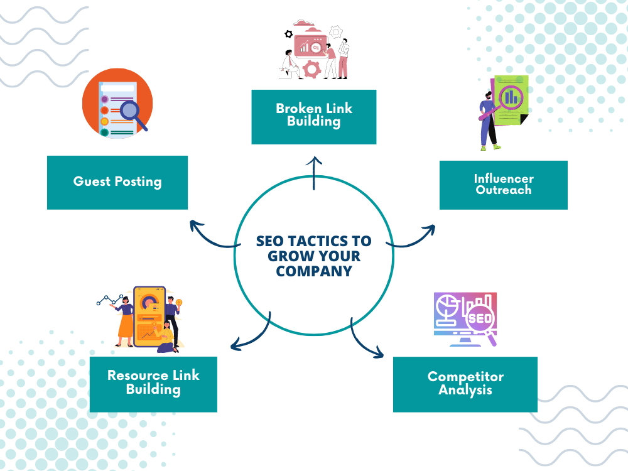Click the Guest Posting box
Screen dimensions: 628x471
(x=117, y=182)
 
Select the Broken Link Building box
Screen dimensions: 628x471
(x=314, y=117)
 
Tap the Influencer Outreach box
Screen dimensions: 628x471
(x=504, y=185)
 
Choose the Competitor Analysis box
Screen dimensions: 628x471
(x=465, y=384)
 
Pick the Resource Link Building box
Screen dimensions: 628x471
(x=153, y=384)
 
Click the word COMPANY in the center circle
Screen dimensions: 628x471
(x=314, y=271)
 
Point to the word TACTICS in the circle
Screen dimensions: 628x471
(x=318, y=241)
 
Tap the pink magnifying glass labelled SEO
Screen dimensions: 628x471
(x=482, y=323)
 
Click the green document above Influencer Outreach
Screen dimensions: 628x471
(x=511, y=100)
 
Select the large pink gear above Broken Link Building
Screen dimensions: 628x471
(x=312, y=69)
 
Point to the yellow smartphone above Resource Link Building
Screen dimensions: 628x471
(x=149, y=317)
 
